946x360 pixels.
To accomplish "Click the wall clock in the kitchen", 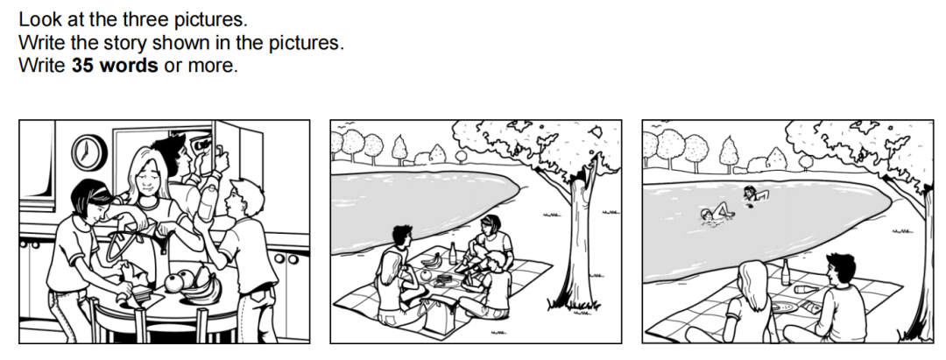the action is coord(89,152).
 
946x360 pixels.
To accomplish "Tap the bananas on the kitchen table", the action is coord(202,288).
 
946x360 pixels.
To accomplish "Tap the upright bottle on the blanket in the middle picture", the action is coord(453,253).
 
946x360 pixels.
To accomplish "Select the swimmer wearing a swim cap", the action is coord(716,214).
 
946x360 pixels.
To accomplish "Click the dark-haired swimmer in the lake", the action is coord(755,194).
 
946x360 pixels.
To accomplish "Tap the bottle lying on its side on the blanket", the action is coord(806,289).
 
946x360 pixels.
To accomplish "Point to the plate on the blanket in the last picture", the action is coord(783,307).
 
